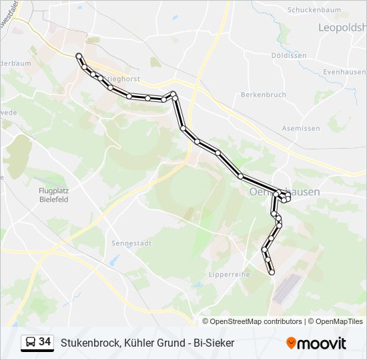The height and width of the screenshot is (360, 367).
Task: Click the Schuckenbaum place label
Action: pos(314,10)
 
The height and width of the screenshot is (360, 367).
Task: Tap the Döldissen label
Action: pos(289,55)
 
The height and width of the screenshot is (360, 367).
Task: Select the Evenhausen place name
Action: pos(344,72)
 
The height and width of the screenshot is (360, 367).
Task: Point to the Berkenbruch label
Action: pos(264,95)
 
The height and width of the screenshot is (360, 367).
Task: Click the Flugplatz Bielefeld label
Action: pos(53,194)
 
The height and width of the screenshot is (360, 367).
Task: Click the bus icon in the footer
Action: pos(30,343)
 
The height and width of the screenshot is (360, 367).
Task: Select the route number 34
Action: pos(45,342)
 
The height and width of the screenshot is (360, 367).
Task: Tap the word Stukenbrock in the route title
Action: pos(90,343)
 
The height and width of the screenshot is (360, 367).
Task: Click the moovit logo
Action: pos(316,343)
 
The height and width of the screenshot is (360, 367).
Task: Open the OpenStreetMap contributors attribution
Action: pos(256,321)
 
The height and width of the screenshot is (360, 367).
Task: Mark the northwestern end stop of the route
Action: pos(79,56)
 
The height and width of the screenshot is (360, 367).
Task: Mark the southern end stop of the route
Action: pos(272,272)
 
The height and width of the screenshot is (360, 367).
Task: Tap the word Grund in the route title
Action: pos(169,343)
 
